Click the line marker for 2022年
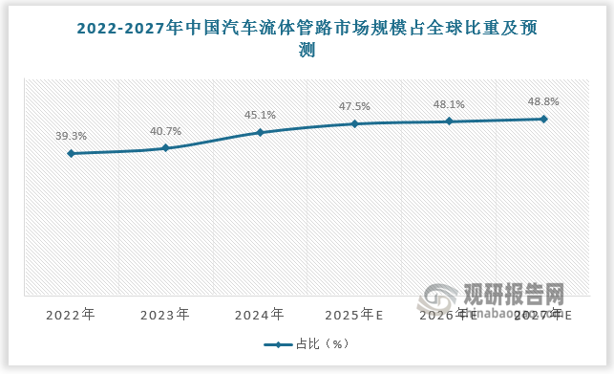tap(71, 153)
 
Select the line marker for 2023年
tap(165, 148)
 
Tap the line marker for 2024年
tap(260, 132)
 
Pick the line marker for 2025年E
tap(354, 123)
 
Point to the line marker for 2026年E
tap(449, 121)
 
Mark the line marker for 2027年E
tap(543, 119)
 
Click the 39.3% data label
tap(71, 137)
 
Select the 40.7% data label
tap(165, 131)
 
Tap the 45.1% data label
tap(260, 115)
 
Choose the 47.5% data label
tap(354, 106)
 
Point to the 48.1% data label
tap(449, 104)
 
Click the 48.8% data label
tap(543, 101)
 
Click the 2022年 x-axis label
tap(71, 314)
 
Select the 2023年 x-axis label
tap(165, 314)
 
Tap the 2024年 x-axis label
tap(260, 314)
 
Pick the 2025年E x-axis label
tap(354, 314)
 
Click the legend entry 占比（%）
tap(307, 345)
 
